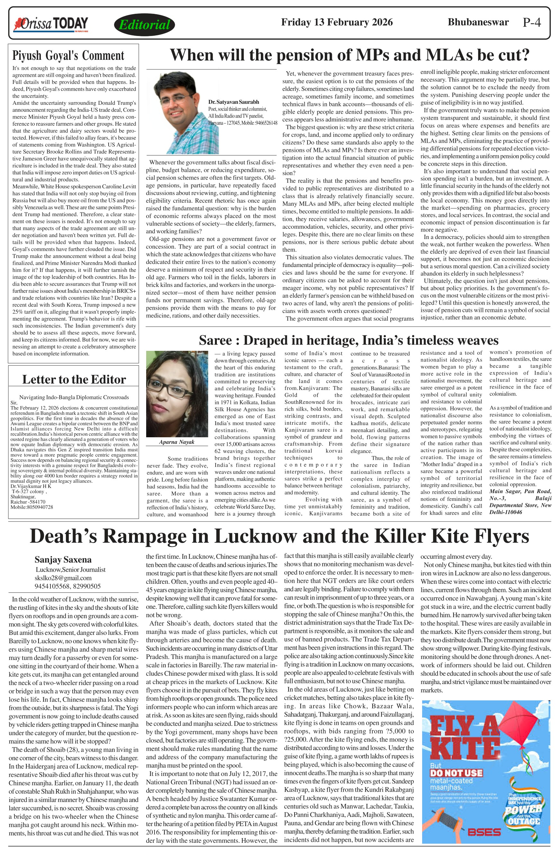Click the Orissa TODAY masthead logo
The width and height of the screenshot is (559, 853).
point(50,24)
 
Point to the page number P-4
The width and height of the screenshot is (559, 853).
point(531,22)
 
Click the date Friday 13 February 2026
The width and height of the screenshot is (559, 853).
point(336,22)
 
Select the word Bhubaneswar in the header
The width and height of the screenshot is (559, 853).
point(478,22)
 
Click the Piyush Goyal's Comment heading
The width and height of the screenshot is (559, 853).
point(68,56)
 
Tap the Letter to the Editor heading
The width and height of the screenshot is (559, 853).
point(74,379)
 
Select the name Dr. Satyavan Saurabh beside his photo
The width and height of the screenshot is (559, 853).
point(234,102)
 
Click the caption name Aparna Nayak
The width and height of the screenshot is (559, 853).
point(177,442)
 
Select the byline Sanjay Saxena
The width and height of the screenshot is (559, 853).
point(63,559)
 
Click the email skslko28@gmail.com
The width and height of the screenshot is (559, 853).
point(63,578)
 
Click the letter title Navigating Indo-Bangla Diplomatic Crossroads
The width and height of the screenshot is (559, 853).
point(74,397)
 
